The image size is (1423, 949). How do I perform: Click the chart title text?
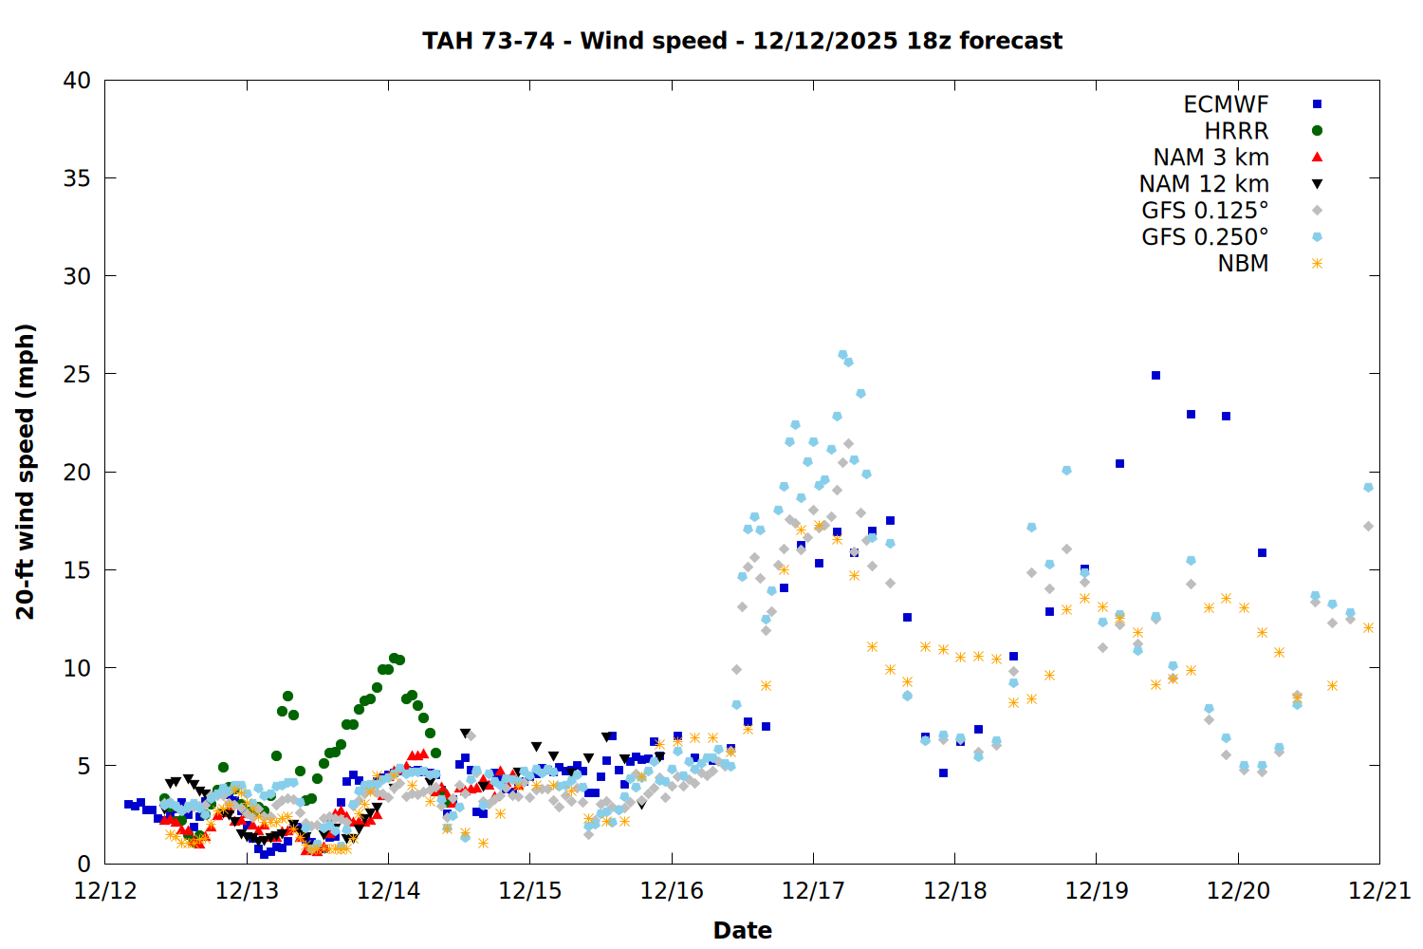tap(742, 41)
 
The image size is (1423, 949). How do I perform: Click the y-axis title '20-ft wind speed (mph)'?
tap(26, 472)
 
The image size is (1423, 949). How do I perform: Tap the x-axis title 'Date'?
tap(742, 930)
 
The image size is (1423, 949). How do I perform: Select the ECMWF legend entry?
tap(1226, 104)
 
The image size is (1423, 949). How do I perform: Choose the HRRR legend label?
tap(1236, 131)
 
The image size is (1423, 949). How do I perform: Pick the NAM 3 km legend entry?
tap(1210, 158)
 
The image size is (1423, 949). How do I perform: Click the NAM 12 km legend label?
tap(1204, 184)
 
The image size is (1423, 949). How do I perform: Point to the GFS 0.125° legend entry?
tap(1205, 211)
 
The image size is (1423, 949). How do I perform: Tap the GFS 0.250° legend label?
tap(1205, 237)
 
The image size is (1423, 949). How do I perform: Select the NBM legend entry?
tap(1243, 264)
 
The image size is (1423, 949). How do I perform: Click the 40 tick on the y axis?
tap(77, 81)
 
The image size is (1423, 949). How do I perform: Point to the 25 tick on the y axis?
tap(77, 374)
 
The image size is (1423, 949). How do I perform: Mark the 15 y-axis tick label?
tap(77, 570)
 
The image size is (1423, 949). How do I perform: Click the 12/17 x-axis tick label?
tap(813, 891)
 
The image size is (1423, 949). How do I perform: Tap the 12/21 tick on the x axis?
tap(1379, 891)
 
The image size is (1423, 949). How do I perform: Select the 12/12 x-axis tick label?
tap(105, 891)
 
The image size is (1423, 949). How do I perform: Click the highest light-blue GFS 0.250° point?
tap(842, 355)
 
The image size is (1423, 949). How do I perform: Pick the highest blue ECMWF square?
tap(1155, 375)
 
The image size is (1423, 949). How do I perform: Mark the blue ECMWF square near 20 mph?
tap(1119, 463)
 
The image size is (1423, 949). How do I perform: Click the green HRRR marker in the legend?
tap(1317, 131)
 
